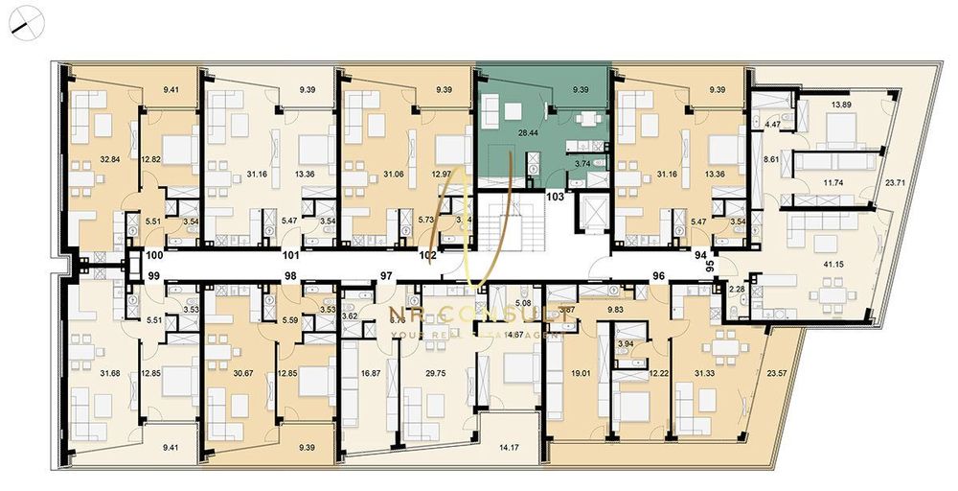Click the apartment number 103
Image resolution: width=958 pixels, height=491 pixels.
coord(555,196)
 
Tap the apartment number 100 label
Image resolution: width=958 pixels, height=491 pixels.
coord(154,256)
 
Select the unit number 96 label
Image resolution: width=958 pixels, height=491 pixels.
coord(658,276)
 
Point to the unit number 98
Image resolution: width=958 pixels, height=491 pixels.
coord(289,276)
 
